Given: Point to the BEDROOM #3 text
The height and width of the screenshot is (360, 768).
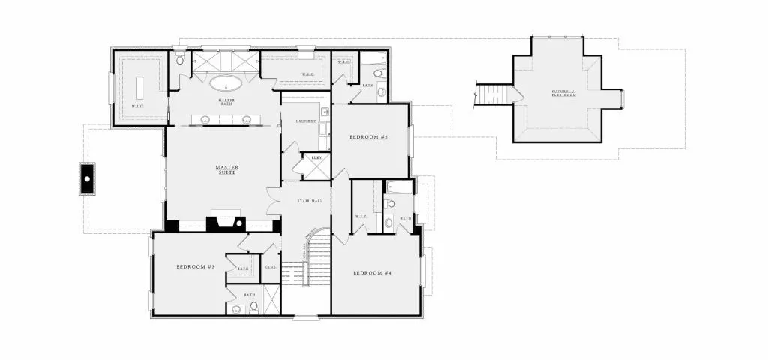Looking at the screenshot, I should (x=196, y=267).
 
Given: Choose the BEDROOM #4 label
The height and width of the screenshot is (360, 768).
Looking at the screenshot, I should (x=372, y=272).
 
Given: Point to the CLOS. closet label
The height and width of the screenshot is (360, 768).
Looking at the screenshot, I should (x=271, y=267).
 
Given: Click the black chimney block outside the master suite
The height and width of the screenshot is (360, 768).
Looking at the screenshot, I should (x=88, y=179).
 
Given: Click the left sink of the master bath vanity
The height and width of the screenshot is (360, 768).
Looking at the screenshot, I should (x=205, y=118).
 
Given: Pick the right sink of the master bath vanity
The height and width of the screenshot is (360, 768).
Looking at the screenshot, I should (x=246, y=118).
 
